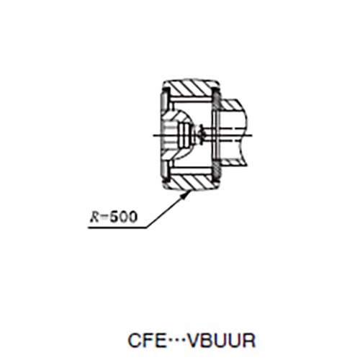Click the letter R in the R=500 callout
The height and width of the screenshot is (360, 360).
click(94, 217)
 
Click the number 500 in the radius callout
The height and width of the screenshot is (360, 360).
click(124, 217)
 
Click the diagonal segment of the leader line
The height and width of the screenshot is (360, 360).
click(167, 210)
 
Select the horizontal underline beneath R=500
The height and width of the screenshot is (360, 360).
click(117, 228)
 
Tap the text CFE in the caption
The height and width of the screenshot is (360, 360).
click(147, 340)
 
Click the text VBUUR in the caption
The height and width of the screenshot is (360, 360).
click(221, 340)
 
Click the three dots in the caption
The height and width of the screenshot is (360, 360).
click(176, 340)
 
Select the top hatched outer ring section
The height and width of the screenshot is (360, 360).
click(191, 89)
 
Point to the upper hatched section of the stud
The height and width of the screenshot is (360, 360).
click(231, 105)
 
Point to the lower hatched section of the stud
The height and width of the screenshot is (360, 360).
click(232, 163)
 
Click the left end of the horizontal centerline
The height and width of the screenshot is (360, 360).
click(153, 135)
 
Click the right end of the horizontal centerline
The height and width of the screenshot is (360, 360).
click(252, 135)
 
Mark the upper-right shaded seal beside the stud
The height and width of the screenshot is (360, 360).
click(216, 100)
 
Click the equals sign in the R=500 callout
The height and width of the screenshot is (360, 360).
click(104, 217)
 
